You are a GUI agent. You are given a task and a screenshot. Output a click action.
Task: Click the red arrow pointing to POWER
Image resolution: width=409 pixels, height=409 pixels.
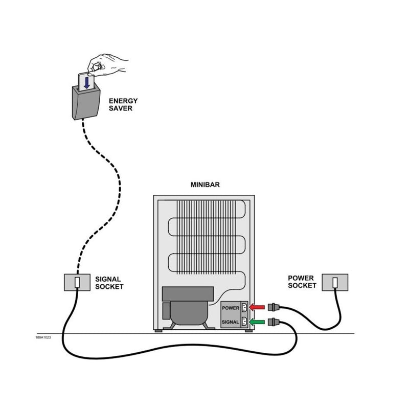tap(258, 307)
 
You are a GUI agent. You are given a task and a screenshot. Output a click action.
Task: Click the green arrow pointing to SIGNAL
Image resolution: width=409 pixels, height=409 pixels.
tap(258, 322)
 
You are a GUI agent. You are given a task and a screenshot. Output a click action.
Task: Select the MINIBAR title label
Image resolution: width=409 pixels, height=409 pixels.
tap(205, 185)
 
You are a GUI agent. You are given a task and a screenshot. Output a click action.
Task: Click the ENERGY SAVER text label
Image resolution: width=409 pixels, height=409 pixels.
tap(123, 104)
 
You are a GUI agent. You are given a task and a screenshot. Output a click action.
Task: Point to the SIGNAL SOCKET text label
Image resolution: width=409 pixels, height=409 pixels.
tap(109, 283)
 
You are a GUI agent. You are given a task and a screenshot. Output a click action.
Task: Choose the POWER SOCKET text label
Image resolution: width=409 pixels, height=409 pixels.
tap(302, 282)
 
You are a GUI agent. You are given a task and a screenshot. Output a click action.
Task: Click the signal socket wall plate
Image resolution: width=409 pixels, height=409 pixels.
tap(77, 282)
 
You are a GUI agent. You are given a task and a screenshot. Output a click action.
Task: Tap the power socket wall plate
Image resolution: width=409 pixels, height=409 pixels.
tap(334, 282)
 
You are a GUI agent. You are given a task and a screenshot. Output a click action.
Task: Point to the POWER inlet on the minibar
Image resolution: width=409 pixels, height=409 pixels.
tap(243, 308)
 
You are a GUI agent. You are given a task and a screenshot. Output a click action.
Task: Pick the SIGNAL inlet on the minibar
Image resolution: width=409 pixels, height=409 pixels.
tap(243, 322)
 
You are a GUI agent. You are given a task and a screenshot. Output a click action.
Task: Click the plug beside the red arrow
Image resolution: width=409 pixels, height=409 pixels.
tap(274, 307)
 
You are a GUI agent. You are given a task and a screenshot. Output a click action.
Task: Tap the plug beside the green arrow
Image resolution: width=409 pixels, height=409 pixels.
tap(274, 322)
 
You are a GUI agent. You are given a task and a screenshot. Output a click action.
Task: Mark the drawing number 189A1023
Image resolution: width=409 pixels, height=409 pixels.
tap(42, 337)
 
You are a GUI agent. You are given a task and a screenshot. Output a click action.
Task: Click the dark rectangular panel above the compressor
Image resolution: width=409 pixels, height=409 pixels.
tap(187, 293)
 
